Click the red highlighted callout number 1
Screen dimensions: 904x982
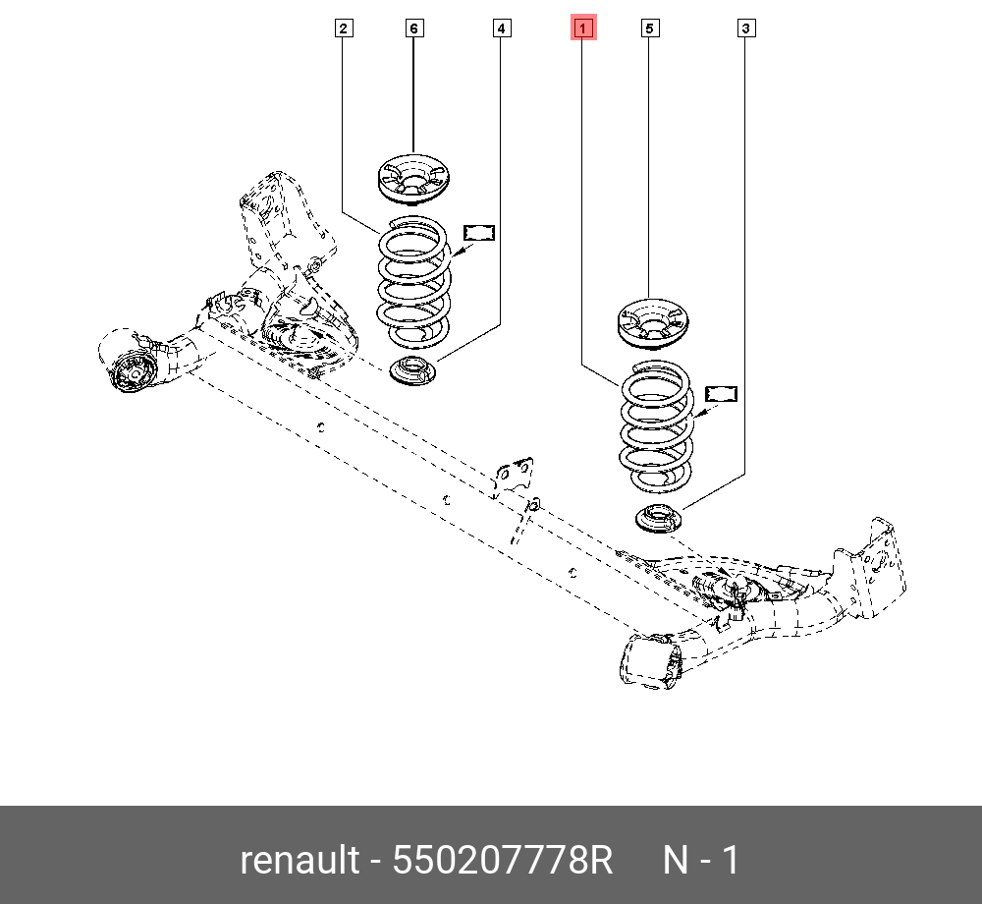point(583,29)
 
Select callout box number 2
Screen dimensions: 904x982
point(343,29)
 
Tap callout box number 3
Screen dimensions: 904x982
point(746,29)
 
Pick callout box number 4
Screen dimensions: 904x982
point(502,29)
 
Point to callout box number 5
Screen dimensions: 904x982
point(648,29)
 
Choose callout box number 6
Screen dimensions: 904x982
point(413,29)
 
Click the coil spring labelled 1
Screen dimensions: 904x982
point(655,427)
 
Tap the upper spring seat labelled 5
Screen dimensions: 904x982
point(653,323)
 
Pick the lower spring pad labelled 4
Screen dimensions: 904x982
point(413,373)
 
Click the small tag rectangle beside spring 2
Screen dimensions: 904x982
point(479,232)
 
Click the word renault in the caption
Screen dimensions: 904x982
point(300,861)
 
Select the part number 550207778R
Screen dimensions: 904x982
point(503,861)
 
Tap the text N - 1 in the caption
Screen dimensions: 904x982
point(701,861)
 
